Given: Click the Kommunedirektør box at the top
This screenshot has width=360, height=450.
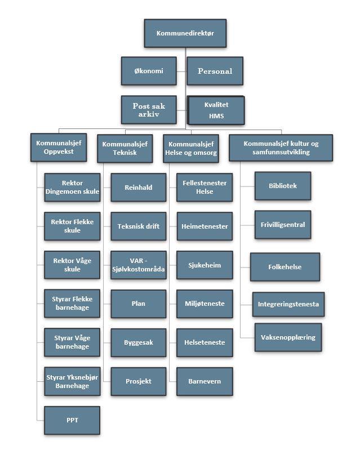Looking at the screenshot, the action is pos(185,33).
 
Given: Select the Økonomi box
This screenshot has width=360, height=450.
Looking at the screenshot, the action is pos(149,71).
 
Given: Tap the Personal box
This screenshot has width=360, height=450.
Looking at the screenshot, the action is pos(215,71).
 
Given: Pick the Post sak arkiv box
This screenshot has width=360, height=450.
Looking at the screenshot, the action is pos(149,110).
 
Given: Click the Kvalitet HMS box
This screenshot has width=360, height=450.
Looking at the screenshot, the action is pos(216,110).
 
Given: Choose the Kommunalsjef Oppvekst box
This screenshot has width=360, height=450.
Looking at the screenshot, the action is pos(59,147).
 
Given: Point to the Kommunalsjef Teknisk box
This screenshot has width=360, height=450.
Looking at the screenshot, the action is pos(125,148).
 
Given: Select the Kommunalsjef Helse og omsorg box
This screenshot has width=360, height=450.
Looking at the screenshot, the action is pos(191,148).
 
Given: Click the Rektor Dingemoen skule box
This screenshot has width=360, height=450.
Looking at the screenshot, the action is pos(72,187).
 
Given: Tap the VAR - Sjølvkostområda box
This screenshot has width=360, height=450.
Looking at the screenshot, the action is pos(139,265).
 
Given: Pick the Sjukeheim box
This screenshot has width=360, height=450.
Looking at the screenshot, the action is pos(205,265).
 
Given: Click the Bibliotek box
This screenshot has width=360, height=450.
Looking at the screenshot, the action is pos(283,186).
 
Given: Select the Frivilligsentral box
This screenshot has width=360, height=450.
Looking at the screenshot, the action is pos(283,225).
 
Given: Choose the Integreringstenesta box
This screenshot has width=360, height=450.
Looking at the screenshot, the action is pos(288,304).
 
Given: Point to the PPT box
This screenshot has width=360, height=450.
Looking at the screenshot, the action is pos(72,420).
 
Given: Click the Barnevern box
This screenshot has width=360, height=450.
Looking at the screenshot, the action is pos(205,381).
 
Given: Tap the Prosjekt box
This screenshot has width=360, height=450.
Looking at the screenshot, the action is pos(139,381).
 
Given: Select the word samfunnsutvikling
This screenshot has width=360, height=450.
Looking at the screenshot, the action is pos(281,152).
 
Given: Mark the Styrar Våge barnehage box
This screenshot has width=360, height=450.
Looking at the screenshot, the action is pos(72,342).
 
